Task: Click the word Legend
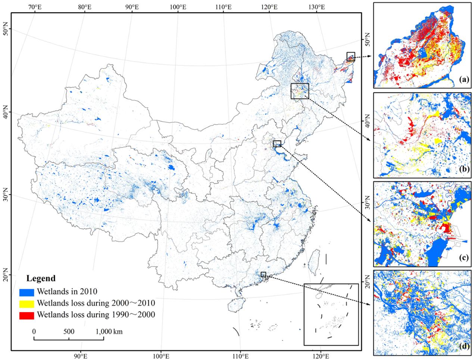pyautogui.click(x=41, y=278)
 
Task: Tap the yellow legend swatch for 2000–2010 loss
pyautogui.click(x=26, y=303)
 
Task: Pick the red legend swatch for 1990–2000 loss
pyautogui.click(x=26, y=315)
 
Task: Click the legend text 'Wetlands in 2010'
pyautogui.click(x=68, y=291)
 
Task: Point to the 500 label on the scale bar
pyautogui.click(x=69, y=331)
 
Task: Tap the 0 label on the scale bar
pyautogui.click(x=34, y=331)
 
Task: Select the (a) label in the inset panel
pyautogui.click(x=464, y=79)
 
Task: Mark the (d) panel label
pyautogui.click(x=464, y=346)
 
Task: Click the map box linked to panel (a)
pyautogui.click(x=351, y=57)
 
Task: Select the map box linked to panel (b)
pyautogui.click(x=300, y=91)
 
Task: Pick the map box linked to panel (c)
pyautogui.click(x=277, y=144)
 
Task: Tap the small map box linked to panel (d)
pyautogui.click(x=263, y=274)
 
